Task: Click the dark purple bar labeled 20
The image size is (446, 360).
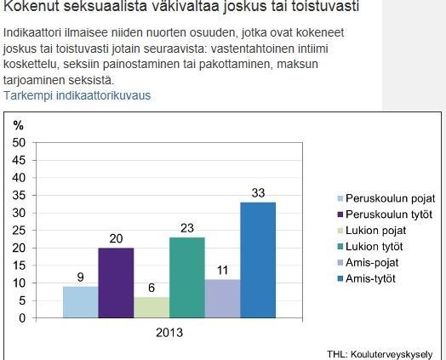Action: coord(116,283)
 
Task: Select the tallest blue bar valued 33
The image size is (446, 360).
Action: coord(258,260)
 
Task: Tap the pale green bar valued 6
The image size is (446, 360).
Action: coord(152,308)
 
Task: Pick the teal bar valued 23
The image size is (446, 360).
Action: coord(187,277)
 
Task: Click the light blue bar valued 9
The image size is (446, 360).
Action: coord(81,302)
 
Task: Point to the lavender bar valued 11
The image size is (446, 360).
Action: coord(223,299)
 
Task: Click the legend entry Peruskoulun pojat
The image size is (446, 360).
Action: coord(386,198)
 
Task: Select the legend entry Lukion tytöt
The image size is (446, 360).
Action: coord(369,247)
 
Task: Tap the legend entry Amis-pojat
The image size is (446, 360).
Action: coord(368,263)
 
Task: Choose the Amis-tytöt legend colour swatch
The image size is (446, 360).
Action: coord(340,278)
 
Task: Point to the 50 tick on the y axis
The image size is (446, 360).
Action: coord(19,143)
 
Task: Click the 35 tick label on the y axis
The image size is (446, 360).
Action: coord(19,196)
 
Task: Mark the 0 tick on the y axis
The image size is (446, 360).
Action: coord(22,318)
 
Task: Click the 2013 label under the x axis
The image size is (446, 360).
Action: coord(169,333)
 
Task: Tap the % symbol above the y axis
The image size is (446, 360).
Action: coord(18,125)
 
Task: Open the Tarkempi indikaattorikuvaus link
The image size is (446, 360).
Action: coord(77,95)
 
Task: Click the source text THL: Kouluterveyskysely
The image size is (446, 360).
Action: coord(380,355)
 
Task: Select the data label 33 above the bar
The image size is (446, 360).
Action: coord(258,193)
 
